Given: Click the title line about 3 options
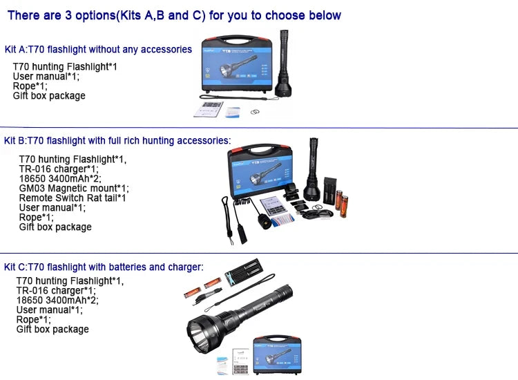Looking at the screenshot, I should [x=173, y=15].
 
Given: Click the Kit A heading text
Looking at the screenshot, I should [x=98, y=50].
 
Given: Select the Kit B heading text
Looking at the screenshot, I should [x=117, y=141].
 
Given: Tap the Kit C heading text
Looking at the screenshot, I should [x=104, y=267].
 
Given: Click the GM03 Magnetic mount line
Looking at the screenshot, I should [x=74, y=188].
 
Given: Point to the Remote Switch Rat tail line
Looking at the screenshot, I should [x=73, y=198].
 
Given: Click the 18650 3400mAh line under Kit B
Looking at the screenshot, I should [x=59, y=178].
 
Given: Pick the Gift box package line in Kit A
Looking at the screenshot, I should [x=49, y=96].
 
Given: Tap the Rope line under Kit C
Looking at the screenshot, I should [x=33, y=320].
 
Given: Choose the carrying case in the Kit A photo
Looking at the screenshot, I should [x=236, y=69].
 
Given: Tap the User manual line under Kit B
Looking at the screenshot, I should [x=52, y=207].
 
